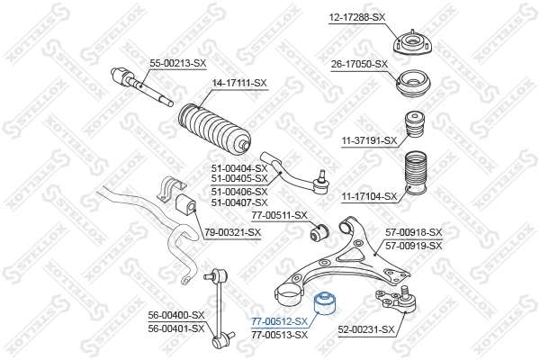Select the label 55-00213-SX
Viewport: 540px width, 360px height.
click(177, 63)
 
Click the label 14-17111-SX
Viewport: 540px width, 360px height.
click(239, 84)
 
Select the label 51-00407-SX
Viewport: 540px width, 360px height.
click(238, 202)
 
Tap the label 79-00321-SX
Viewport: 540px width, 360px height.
click(233, 232)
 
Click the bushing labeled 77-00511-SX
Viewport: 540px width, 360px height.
click(317, 235)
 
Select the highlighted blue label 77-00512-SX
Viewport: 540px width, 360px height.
click(280, 322)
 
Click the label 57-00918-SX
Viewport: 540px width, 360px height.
click(413, 232)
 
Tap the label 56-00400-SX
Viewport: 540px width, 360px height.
click(177, 315)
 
